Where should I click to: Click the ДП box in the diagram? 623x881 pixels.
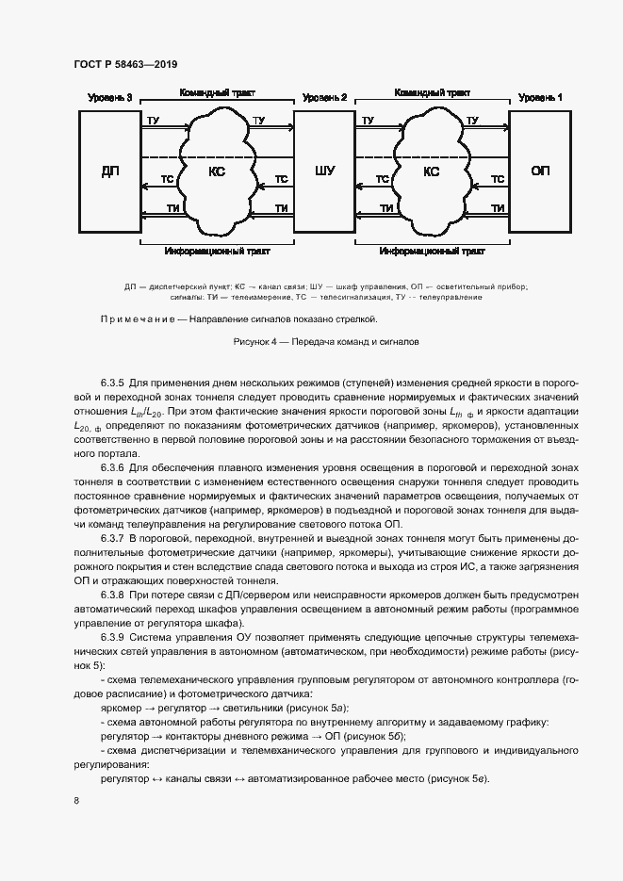coord(109,171)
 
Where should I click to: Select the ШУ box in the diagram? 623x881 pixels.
coord(324,171)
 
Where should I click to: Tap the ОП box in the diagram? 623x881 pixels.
coord(540,171)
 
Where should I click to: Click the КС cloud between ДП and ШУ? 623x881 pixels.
coord(217,171)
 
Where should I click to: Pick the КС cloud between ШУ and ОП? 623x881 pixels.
coord(432,171)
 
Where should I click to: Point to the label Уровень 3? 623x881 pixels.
coord(109,97)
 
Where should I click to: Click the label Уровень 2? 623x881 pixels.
coord(324,97)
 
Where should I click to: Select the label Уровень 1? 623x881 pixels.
coord(540,97)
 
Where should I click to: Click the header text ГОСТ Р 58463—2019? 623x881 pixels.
coord(125,64)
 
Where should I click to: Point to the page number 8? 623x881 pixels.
coord(76,800)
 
